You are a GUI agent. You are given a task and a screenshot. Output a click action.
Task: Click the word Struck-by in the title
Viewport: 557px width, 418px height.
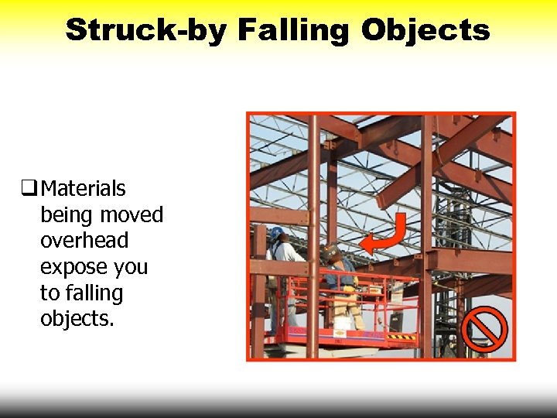(x=145, y=30)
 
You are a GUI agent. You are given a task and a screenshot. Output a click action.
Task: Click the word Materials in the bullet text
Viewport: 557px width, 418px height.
(x=83, y=188)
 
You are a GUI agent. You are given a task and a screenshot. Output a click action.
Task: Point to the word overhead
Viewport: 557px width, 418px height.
(x=84, y=241)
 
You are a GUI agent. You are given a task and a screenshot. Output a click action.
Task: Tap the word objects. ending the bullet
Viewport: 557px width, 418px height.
(x=77, y=320)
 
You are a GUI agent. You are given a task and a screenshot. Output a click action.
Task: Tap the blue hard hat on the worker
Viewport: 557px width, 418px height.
(x=276, y=232)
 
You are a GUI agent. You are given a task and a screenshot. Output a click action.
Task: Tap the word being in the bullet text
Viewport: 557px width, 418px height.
(x=66, y=214)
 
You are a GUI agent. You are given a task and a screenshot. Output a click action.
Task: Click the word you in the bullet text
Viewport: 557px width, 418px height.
(x=131, y=267)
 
